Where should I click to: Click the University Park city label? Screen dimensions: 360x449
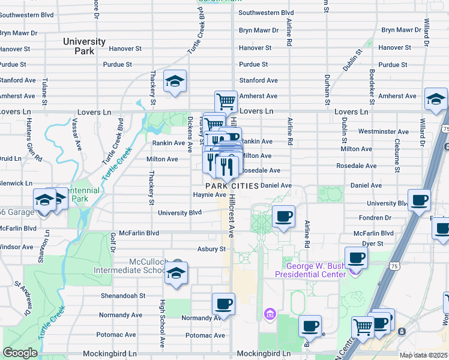85,46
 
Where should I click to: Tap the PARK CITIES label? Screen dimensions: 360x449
231,186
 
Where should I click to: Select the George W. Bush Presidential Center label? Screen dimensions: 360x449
310,270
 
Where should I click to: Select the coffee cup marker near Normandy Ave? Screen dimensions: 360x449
224,304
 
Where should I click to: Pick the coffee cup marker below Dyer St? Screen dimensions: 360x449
356,257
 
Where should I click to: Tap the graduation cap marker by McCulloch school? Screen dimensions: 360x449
176,272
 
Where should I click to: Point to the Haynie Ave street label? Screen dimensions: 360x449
209,194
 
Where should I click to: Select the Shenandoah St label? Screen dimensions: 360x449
122,295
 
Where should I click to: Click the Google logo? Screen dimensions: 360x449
20,353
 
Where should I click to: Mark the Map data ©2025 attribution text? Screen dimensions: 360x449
424,355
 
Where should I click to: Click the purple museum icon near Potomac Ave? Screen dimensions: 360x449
270,314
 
